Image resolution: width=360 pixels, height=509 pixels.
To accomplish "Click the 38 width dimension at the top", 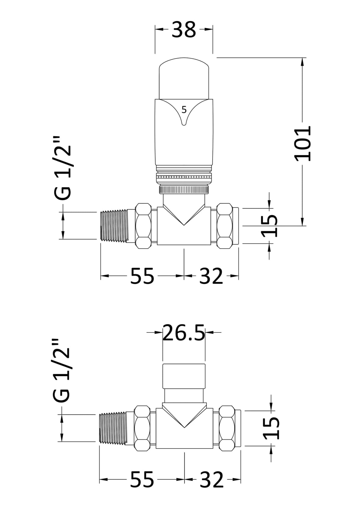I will pyautogui.click(x=184, y=30).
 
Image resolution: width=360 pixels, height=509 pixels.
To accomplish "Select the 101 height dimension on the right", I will pyautogui.click(x=303, y=143).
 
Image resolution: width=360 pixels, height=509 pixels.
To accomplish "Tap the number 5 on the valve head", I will pyautogui.click(x=184, y=110).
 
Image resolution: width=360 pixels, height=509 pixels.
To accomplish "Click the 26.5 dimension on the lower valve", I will pyautogui.click(x=184, y=333).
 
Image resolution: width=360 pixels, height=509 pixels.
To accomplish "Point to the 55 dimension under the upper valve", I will pyautogui.click(x=142, y=276).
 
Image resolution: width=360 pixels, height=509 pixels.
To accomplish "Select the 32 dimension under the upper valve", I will pyautogui.click(x=211, y=276).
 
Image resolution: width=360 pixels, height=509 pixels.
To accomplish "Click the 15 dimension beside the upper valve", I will pyautogui.click(x=270, y=225).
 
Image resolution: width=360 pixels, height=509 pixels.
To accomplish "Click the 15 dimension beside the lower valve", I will pyautogui.click(x=271, y=428).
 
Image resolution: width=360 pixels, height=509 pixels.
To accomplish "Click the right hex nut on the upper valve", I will pyautogui.click(x=224, y=226).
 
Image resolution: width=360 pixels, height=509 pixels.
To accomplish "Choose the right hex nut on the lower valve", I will pyautogui.click(x=227, y=428).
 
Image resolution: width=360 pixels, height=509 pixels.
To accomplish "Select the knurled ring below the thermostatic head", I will pyautogui.click(x=184, y=190).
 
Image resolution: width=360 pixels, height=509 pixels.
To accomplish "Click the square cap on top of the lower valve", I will pyautogui.click(x=184, y=376).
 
